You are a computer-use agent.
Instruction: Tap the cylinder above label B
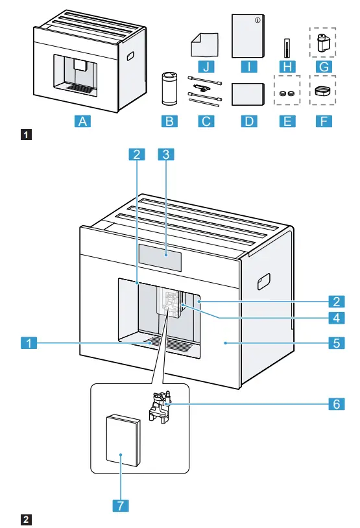[171, 84]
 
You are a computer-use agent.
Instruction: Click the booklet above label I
[248, 35]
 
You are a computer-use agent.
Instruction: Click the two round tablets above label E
[287, 93]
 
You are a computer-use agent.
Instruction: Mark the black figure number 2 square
[25, 520]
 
